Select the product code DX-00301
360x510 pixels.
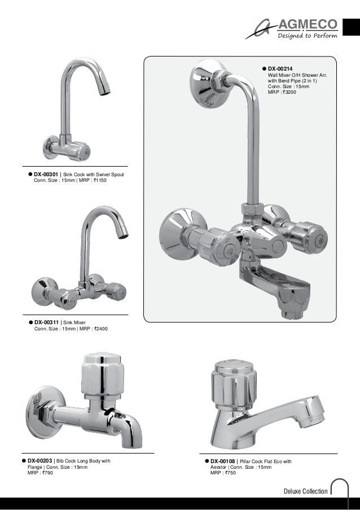[46, 175]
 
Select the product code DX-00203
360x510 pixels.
[39, 461]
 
